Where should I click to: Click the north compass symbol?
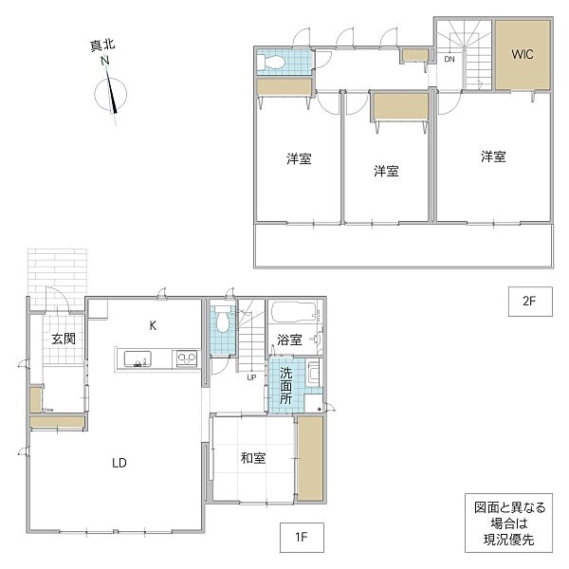[111, 96]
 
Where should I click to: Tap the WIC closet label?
[523, 54]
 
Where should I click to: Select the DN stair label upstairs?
[450, 60]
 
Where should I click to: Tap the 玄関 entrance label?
[64, 339]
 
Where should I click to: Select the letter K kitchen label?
[152, 325]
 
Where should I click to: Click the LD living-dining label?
[119, 463]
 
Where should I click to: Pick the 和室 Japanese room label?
[252, 458]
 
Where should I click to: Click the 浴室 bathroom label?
[289, 339]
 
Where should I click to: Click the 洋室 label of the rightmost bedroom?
[492, 156]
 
